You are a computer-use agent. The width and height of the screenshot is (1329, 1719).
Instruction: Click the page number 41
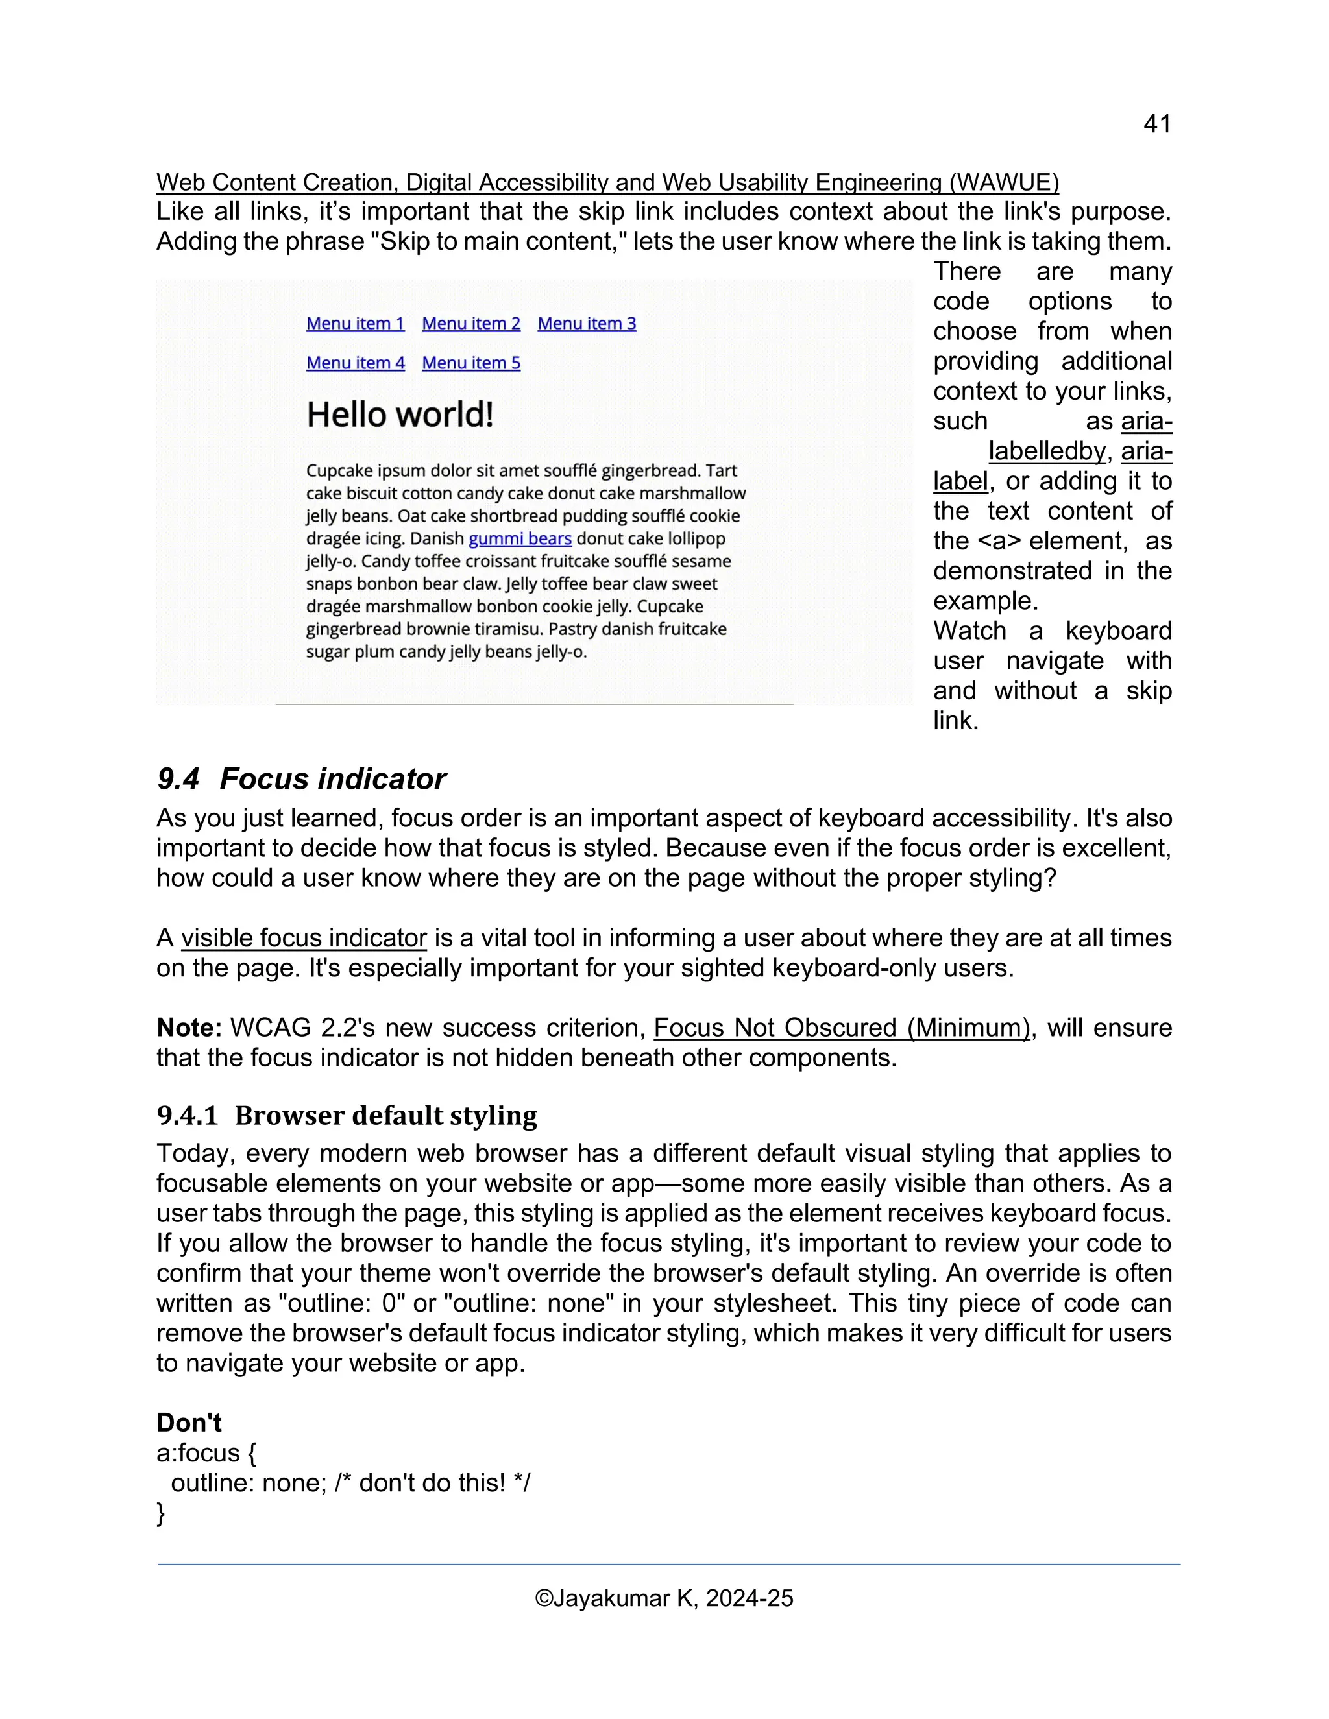click(1156, 125)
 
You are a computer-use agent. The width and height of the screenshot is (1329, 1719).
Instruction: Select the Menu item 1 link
click(355, 324)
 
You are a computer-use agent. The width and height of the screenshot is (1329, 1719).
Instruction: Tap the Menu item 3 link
click(587, 324)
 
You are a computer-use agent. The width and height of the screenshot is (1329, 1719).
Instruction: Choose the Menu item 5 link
click(471, 363)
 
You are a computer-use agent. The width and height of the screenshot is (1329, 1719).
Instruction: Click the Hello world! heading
click(400, 415)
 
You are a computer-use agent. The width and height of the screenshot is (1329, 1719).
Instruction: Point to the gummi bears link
click(520, 539)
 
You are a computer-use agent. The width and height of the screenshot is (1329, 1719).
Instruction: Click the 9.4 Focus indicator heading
click(302, 778)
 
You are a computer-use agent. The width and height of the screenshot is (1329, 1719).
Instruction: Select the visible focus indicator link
click(304, 938)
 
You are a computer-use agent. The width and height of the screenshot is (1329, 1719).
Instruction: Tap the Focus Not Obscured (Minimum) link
click(842, 1028)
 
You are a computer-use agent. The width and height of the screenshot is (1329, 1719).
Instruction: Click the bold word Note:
click(189, 1028)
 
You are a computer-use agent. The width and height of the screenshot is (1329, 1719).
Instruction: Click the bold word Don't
click(189, 1423)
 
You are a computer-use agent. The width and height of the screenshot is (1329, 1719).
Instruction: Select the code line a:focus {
click(206, 1453)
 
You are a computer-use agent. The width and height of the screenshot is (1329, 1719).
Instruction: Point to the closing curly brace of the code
click(162, 1513)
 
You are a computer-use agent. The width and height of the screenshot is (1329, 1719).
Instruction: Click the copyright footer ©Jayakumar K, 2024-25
click(664, 1598)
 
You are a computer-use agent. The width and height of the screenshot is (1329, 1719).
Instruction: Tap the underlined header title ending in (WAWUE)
click(607, 183)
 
